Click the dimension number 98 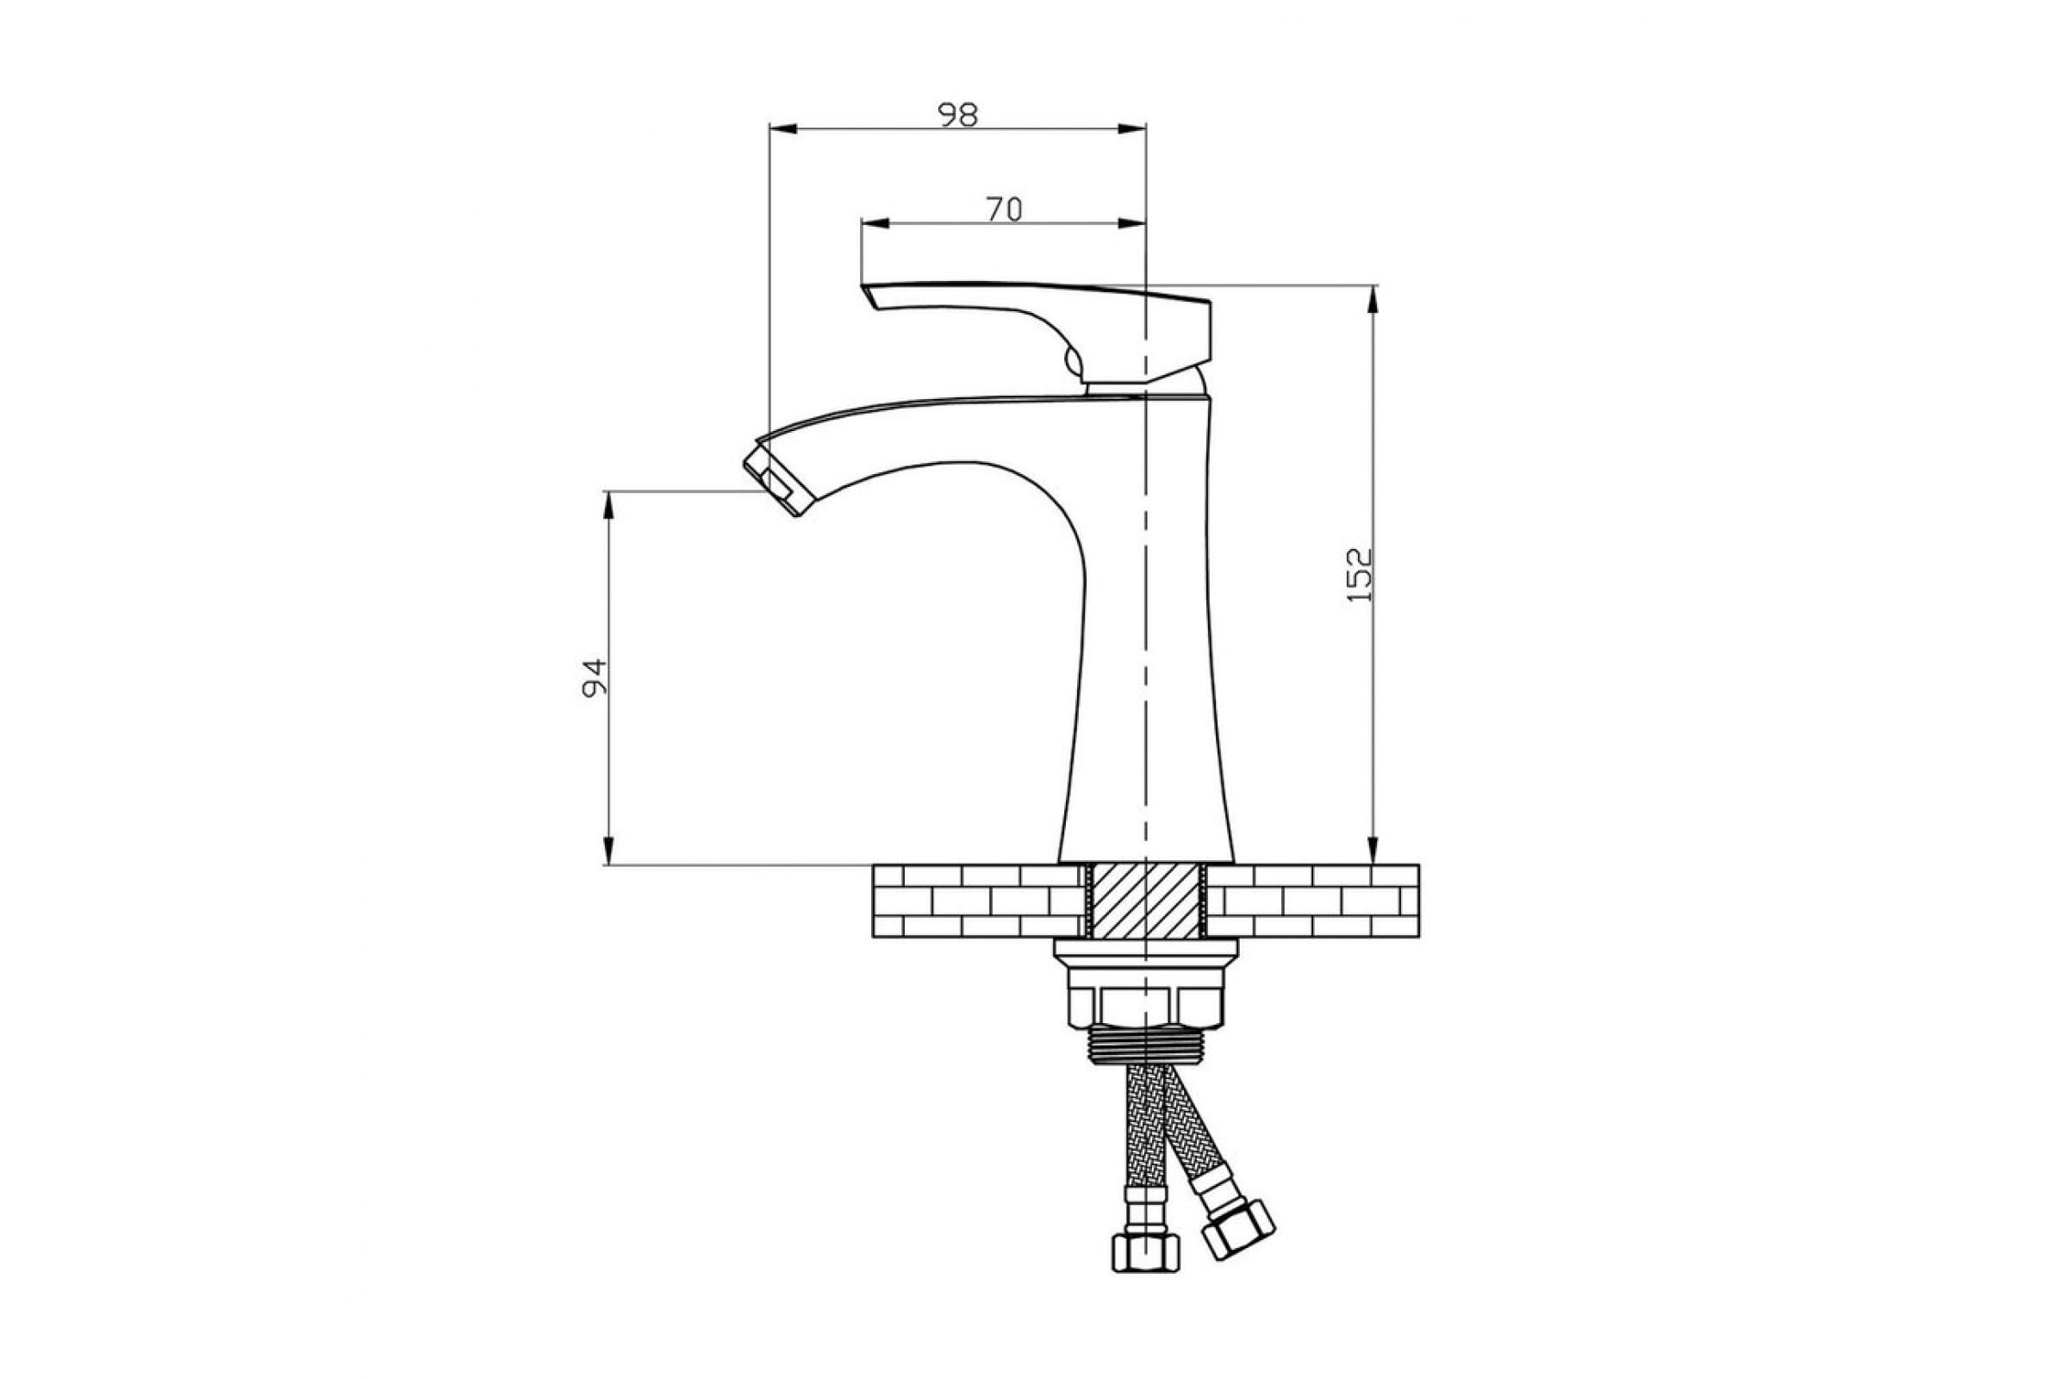(x=957, y=115)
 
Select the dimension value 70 (x=1003, y=209)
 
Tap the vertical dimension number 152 (x=1360, y=575)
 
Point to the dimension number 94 (x=595, y=677)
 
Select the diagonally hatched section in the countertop (x=1145, y=901)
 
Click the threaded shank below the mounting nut (x=1145, y=1046)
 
